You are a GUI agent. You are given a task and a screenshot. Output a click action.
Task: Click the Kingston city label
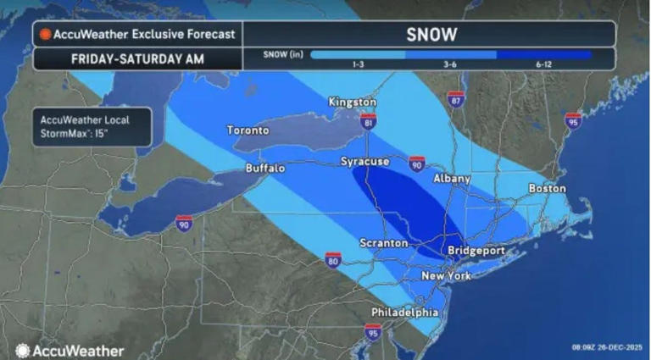pyautogui.click(x=352, y=102)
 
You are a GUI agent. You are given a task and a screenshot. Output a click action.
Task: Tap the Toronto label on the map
pyautogui.click(x=248, y=131)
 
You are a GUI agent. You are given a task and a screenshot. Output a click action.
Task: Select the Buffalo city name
pyautogui.click(x=265, y=169)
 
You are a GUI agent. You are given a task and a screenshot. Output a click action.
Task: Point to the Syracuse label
pyautogui.click(x=364, y=161)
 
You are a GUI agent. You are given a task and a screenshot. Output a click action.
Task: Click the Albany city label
pyautogui.click(x=451, y=180)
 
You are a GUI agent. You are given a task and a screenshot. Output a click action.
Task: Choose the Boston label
pyautogui.click(x=546, y=188)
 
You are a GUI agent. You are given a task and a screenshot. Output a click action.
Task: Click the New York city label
pyautogui.click(x=447, y=277)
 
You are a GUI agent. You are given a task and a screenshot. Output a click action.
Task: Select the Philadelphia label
pyautogui.click(x=404, y=313)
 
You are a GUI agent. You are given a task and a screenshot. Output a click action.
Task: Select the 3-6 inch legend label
pyautogui.click(x=450, y=65)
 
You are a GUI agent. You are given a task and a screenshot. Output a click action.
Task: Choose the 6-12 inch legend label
pyautogui.click(x=544, y=65)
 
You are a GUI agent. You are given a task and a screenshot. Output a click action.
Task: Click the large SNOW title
pyautogui.click(x=430, y=34)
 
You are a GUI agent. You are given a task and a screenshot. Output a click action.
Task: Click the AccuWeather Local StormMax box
pyautogui.click(x=92, y=126)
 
